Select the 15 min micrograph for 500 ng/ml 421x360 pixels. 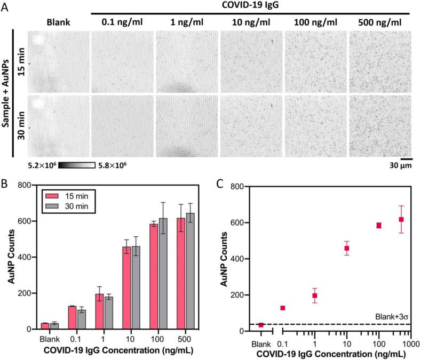pyautogui.click(x=379, y=61)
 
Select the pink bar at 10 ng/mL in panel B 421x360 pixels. pyautogui.click(x=126, y=288)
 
